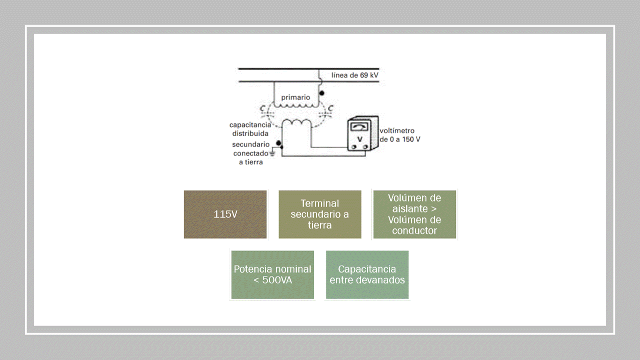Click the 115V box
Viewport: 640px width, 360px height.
(x=225, y=214)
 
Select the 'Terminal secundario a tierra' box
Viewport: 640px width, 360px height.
(x=320, y=214)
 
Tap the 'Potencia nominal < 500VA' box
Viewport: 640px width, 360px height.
(x=272, y=274)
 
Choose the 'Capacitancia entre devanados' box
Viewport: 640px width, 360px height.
(x=367, y=274)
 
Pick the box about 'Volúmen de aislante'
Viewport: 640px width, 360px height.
(x=414, y=214)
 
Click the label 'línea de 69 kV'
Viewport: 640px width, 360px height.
(x=355, y=75)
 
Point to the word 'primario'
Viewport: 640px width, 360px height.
(x=295, y=97)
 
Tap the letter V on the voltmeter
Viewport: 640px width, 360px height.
(x=359, y=137)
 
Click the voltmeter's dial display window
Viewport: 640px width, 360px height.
(x=359, y=127)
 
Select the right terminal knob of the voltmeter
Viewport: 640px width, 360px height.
(x=366, y=147)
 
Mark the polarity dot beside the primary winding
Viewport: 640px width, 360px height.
(x=322, y=93)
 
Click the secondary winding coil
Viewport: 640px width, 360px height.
(x=297, y=122)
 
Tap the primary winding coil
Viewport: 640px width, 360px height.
(x=295, y=105)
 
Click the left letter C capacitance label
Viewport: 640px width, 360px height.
(x=262, y=108)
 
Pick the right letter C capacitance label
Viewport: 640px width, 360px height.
(x=330, y=108)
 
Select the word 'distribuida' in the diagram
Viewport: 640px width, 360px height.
(x=250, y=133)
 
